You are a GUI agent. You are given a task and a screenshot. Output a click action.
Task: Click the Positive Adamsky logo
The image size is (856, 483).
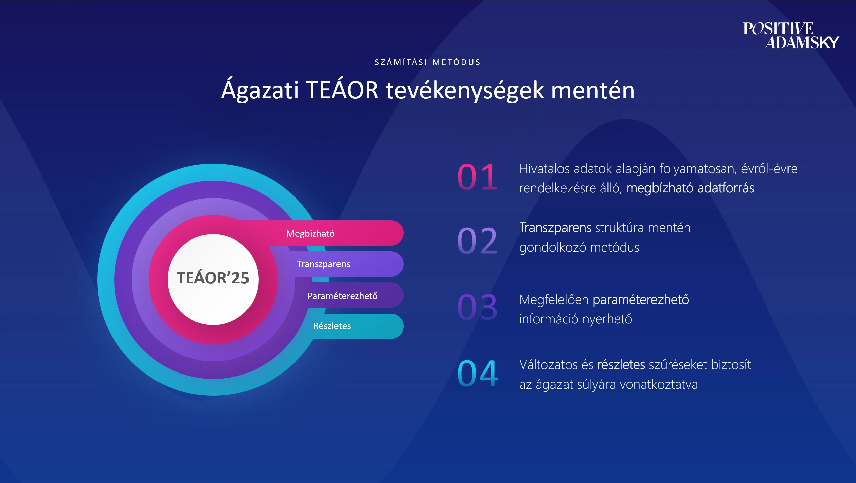point(791,35)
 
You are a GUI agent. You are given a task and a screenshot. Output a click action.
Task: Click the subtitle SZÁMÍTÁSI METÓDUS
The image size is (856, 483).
point(428,62)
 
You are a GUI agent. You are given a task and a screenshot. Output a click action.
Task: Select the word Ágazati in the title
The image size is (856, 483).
point(260,90)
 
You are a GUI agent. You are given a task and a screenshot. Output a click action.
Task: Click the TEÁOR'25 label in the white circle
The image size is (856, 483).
point(213,278)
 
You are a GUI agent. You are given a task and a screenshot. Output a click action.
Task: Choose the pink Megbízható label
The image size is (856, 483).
point(310,233)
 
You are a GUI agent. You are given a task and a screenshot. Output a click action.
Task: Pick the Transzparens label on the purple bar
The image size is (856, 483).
point(323,264)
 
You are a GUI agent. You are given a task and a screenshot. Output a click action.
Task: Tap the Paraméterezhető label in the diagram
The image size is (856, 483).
point(343,296)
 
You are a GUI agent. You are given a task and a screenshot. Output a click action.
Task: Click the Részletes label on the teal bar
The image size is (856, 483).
point(332,326)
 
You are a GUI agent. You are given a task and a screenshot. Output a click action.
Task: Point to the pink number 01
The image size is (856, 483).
point(477,177)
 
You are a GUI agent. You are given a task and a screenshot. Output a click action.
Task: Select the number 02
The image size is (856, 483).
point(477,240)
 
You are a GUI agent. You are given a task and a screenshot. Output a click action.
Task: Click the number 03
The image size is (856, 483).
point(477,307)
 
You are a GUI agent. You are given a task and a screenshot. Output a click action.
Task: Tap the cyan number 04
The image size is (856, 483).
point(478,373)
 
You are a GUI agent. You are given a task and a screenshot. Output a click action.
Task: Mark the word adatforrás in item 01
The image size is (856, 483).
point(726,188)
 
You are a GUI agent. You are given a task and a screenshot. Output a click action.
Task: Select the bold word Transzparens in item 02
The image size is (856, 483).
point(555,228)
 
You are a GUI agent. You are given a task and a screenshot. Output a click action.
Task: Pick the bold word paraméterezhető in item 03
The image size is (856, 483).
point(641,300)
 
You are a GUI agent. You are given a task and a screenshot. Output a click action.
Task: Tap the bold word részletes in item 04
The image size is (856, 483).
point(621,364)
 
